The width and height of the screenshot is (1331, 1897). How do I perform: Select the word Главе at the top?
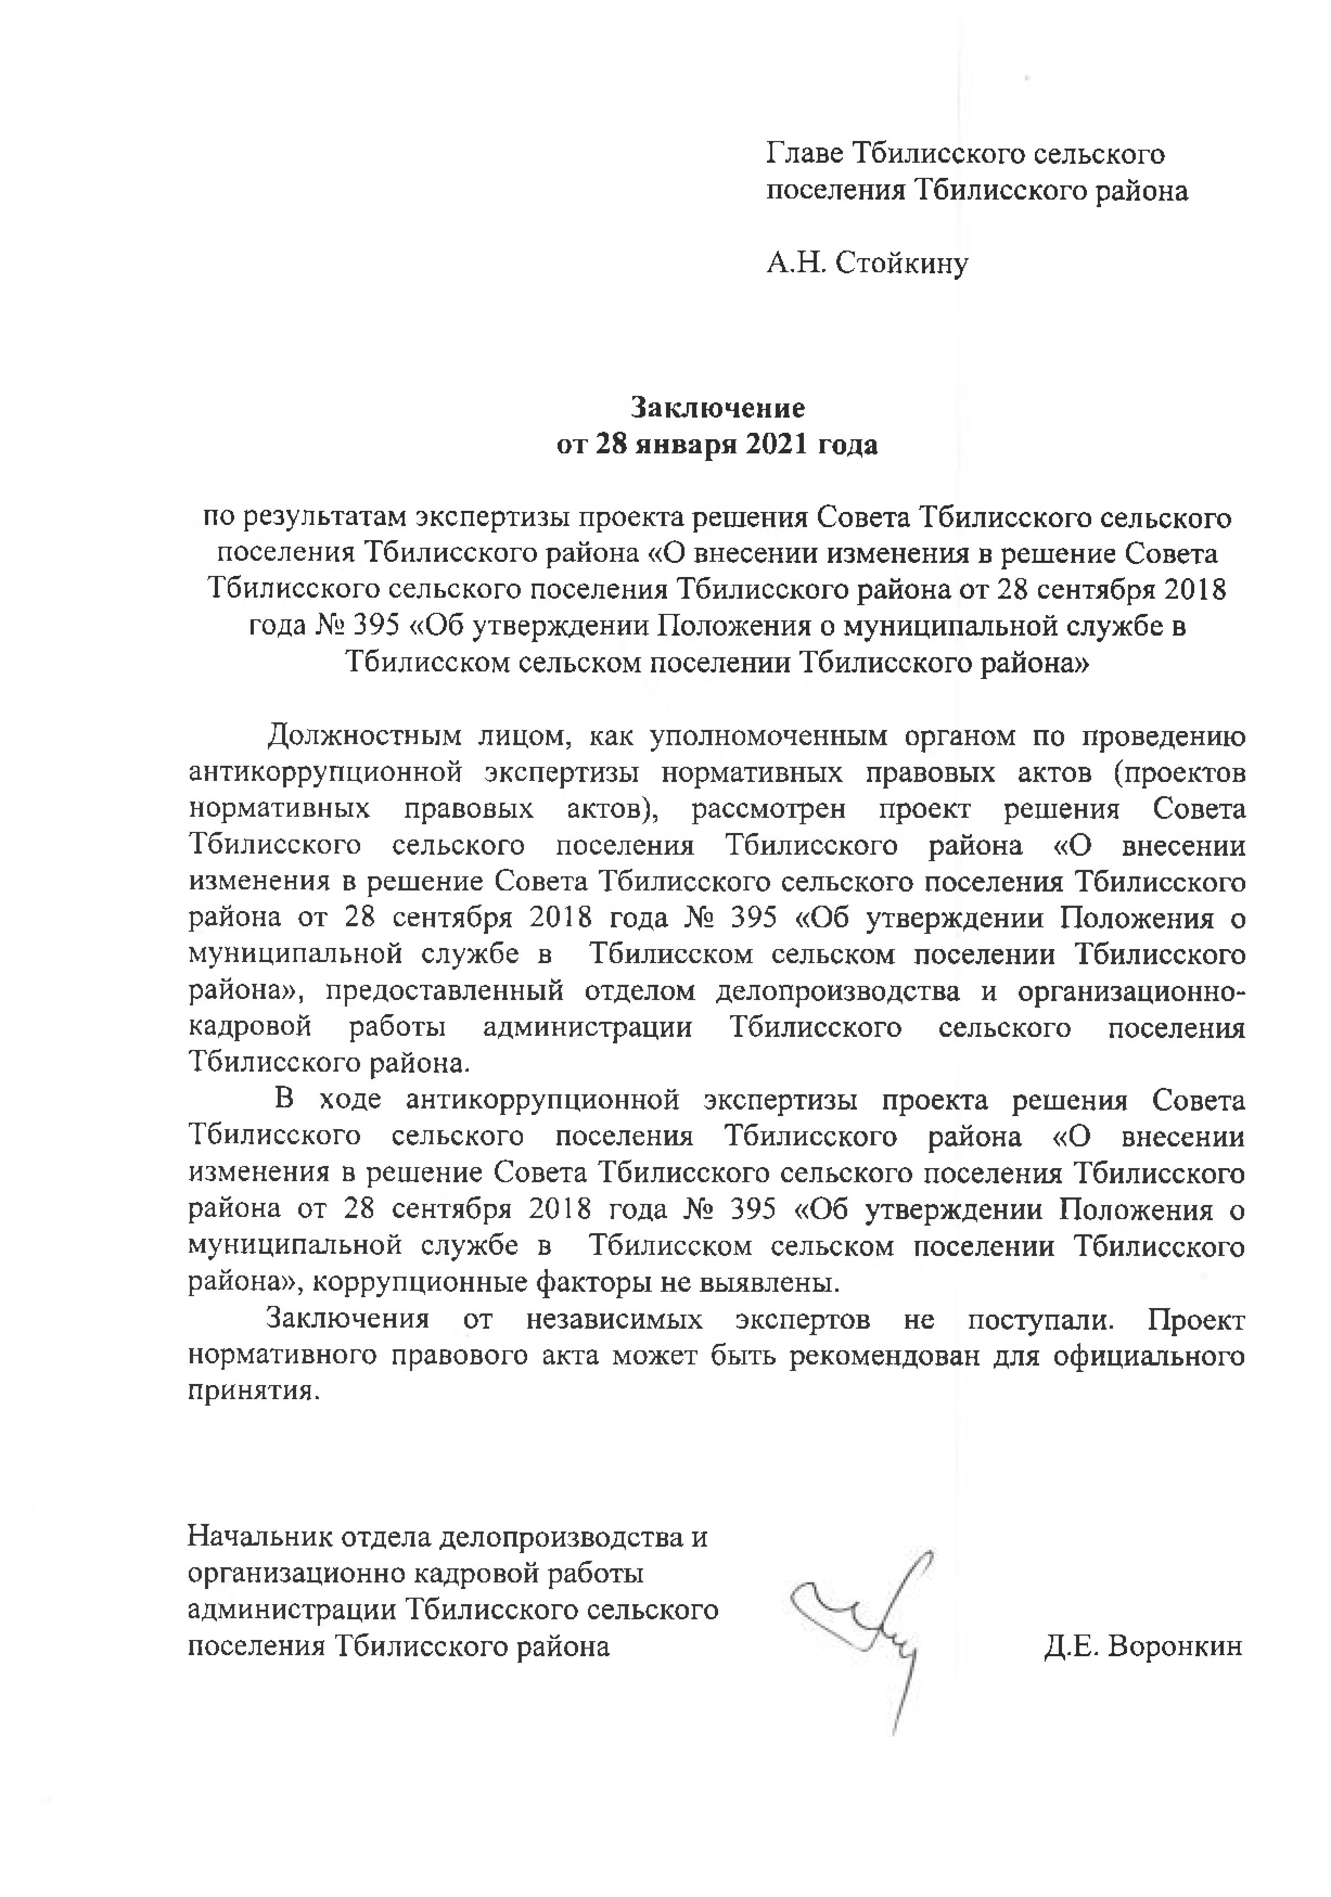click(805, 153)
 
